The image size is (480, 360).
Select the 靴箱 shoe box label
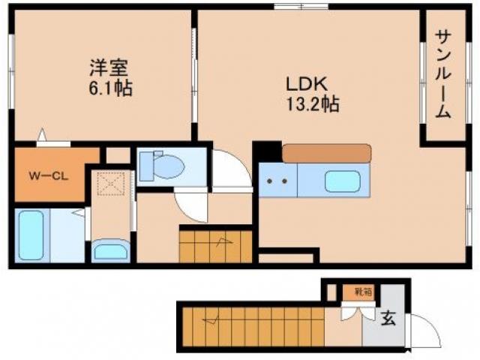coord(362,292)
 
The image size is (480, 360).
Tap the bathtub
coord(31,235)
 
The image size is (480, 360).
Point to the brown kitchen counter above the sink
coord(326,153)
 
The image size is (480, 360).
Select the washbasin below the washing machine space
coord(109,249)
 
